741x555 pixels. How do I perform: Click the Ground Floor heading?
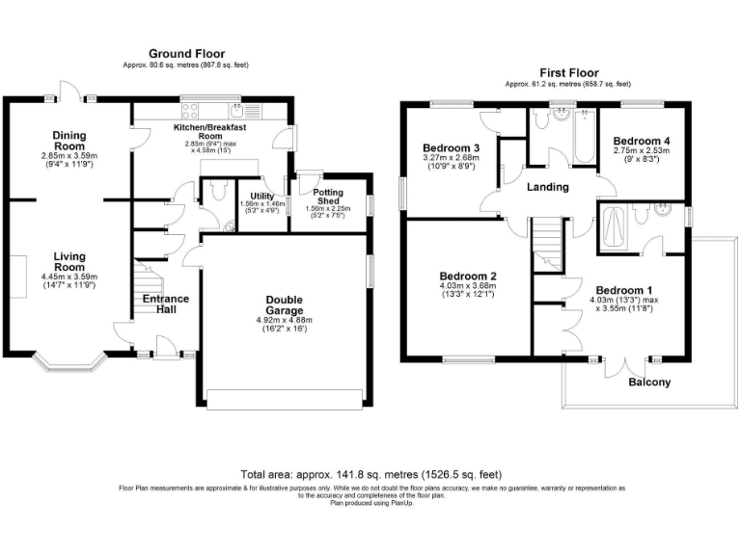coord(186,53)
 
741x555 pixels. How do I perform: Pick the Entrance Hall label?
coord(166,306)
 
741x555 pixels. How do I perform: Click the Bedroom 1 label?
coord(623,290)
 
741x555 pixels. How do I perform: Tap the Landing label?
coord(546,187)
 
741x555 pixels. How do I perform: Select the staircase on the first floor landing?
coord(547,241)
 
